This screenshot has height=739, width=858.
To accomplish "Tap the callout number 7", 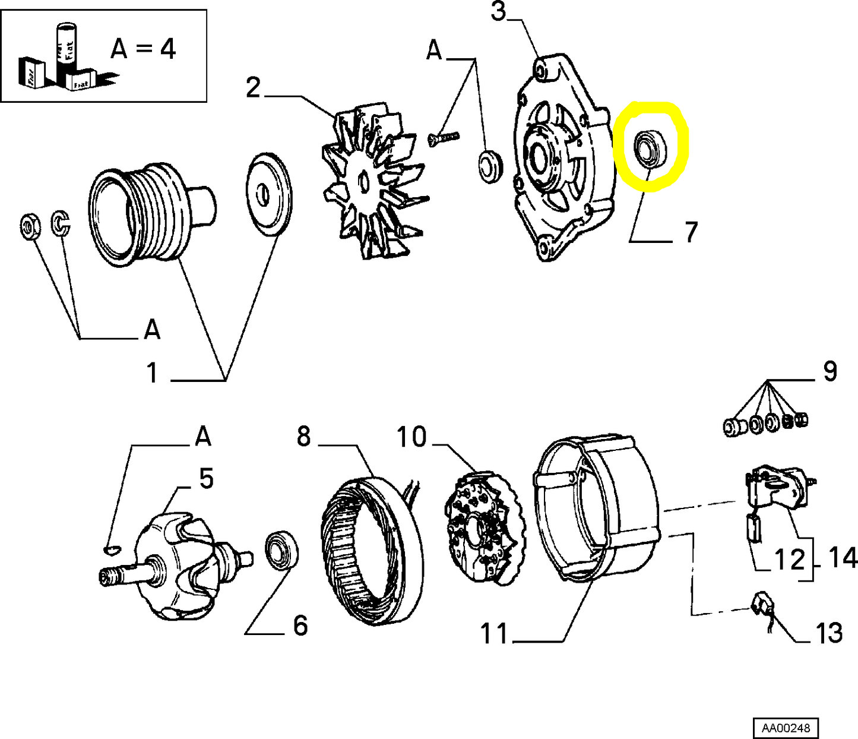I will tap(690, 232).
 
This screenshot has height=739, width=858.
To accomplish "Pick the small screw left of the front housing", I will tap(444, 138).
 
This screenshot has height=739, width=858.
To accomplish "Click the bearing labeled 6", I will tap(281, 551).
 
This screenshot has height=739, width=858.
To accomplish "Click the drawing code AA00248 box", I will tap(786, 728).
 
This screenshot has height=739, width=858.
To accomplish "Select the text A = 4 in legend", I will tap(143, 49).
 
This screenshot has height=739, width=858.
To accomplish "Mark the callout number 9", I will tap(829, 371).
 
